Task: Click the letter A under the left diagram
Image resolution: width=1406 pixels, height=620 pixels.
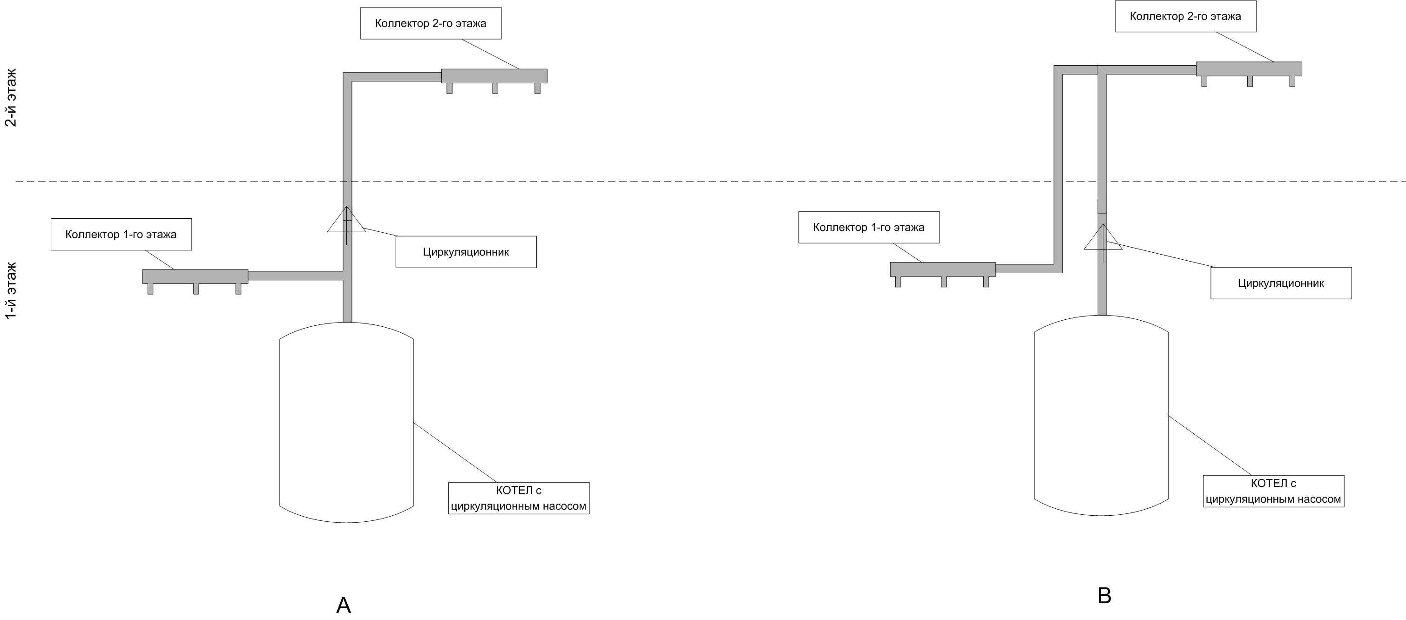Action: (x=343, y=605)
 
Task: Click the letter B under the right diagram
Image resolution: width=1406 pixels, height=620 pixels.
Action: (x=1104, y=595)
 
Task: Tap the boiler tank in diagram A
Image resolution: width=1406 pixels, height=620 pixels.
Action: (x=346, y=423)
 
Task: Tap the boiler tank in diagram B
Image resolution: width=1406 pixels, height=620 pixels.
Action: (x=1102, y=415)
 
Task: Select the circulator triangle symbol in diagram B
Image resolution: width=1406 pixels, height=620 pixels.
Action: (x=1103, y=237)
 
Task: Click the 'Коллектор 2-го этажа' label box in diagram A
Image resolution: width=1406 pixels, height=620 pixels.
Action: (x=431, y=23)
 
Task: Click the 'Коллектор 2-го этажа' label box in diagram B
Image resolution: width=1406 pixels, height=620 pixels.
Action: (x=1185, y=16)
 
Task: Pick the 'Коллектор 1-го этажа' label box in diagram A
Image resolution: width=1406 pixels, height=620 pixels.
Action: (x=121, y=235)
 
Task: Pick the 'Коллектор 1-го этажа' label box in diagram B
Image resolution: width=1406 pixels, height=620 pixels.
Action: (x=869, y=227)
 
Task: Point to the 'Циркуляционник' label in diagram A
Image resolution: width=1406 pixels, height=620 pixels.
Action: (x=466, y=252)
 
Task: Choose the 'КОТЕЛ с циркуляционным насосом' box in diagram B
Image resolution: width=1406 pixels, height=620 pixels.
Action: (x=1273, y=491)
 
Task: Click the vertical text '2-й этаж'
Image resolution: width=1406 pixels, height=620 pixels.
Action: (x=11, y=98)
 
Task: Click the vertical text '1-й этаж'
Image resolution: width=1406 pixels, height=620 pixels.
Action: (x=11, y=291)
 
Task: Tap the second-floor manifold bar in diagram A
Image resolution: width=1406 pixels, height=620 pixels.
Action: (x=494, y=76)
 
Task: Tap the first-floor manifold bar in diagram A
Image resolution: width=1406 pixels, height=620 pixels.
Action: (x=195, y=276)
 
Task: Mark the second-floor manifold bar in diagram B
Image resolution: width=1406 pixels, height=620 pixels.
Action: (x=1249, y=69)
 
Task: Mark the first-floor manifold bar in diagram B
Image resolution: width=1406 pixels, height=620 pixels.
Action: (x=943, y=269)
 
